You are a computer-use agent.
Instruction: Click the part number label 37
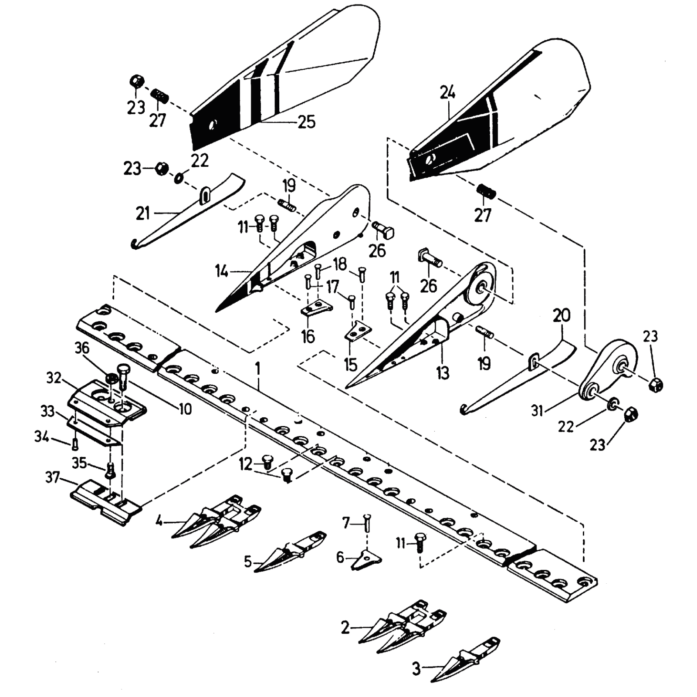pyautogui.click(x=52, y=478)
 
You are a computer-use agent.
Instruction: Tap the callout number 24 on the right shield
pyautogui.click(x=447, y=93)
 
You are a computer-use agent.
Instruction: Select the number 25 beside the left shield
pyautogui.click(x=306, y=122)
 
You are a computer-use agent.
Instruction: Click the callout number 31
pyautogui.click(x=537, y=410)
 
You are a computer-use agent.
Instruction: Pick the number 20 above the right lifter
pyautogui.click(x=562, y=315)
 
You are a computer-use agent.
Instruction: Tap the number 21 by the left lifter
pyautogui.click(x=143, y=214)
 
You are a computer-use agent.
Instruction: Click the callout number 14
pyautogui.click(x=221, y=272)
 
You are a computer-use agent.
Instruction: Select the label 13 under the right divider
pyautogui.click(x=443, y=373)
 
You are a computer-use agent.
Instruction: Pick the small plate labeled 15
pyautogui.click(x=358, y=332)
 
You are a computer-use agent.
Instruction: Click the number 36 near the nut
pyautogui.click(x=82, y=348)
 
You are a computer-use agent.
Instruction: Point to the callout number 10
pyautogui.click(x=186, y=409)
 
